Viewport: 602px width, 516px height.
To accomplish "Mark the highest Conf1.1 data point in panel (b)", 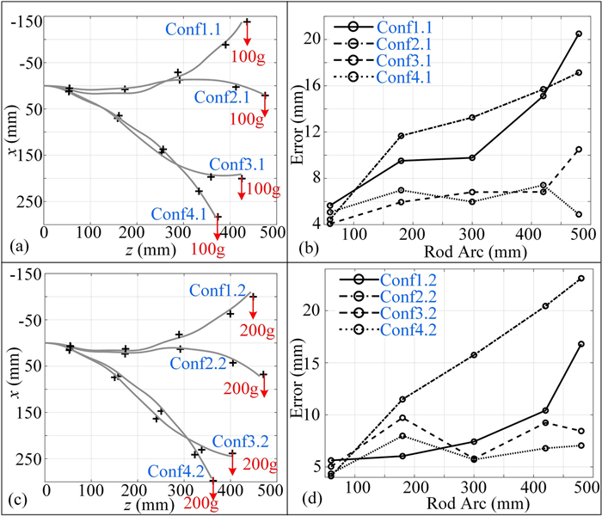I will point(579,34).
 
